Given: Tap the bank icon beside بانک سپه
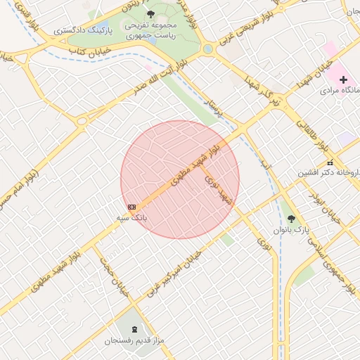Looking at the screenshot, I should (x=132, y=206).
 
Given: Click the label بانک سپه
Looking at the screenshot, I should (x=132, y=218).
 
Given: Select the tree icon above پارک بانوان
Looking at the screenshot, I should (x=292, y=218).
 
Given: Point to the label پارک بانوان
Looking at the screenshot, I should (x=292, y=230).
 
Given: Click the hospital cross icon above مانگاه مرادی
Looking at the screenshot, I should (x=342, y=79).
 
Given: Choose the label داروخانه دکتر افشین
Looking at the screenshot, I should (x=329, y=172).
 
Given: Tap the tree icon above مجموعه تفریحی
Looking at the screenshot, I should (x=151, y=13).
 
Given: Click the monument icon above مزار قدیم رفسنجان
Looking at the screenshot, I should (x=134, y=328).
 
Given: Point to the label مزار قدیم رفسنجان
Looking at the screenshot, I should (x=134, y=341).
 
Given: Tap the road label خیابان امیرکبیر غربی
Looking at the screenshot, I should (x=182, y=274).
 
